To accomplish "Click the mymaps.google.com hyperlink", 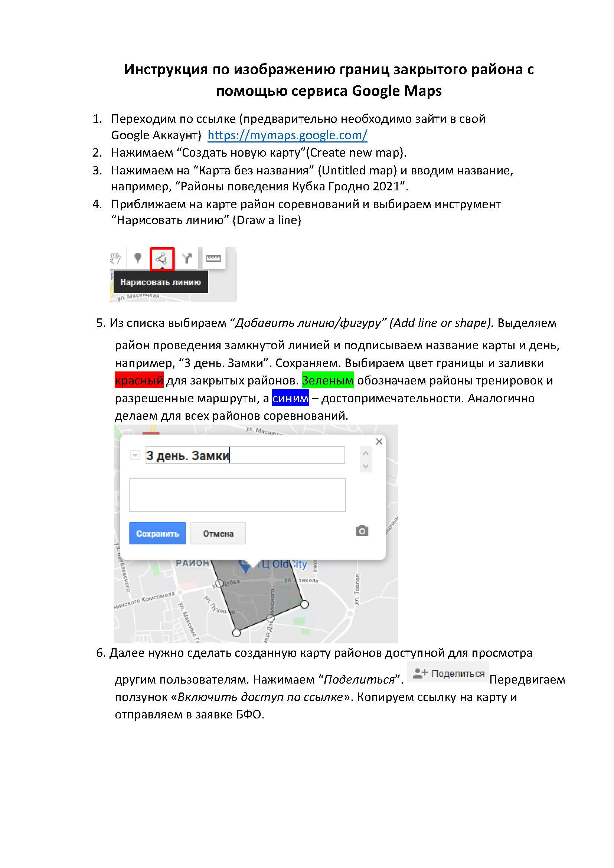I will click(287, 135).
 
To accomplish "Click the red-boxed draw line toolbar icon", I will click(162, 259).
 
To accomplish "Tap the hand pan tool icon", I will click(116, 259).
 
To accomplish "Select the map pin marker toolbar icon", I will click(138, 258).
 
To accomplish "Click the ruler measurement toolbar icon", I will click(213, 258).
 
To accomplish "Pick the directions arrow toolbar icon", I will click(187, 259).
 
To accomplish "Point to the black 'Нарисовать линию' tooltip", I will click(160, 282).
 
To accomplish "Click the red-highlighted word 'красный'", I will click(139, 380).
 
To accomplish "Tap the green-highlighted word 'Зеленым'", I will click(328, 380).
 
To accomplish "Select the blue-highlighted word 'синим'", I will click(290, 398).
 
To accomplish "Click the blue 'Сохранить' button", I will click(157, 533).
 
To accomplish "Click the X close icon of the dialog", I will click(379, 442).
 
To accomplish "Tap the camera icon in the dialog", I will click(362, 531).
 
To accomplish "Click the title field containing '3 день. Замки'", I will click(245, 456).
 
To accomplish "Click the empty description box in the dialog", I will click(238, 495).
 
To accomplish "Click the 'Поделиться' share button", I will click(448, 673).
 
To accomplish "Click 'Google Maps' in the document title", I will click(396, 91).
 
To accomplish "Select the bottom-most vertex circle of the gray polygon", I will click(236, 633).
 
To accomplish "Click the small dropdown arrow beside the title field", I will click(135, 455).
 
